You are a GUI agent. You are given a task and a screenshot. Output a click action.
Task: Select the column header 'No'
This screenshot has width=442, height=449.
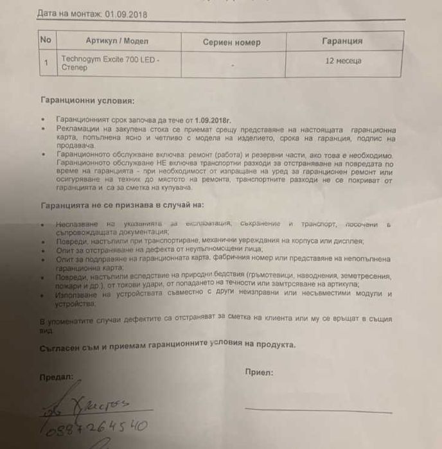pyautogui.click(x=46, y=40)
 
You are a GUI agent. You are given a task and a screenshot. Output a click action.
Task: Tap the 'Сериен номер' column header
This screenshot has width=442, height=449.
pyautogui.click(x=231, y=42)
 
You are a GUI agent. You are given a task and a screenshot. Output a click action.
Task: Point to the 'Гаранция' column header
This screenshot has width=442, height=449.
pyautogui.click(x=341, y=41)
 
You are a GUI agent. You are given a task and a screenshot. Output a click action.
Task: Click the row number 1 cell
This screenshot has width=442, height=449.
pyautogui.click(x=46, y=63)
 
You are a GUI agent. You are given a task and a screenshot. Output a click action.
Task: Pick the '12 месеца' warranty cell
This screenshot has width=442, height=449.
pyautogui.click(x=343, y=61)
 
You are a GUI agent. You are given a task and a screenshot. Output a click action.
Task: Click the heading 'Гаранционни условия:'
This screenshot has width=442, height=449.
pyautogui.click(x=88, y=101)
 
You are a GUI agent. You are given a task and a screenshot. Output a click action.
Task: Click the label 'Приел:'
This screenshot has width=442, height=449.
pyautogui.click(x=259, y=372)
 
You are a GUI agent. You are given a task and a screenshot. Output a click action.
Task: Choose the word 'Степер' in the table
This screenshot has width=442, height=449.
pyautogui.click(x=75, y=67)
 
